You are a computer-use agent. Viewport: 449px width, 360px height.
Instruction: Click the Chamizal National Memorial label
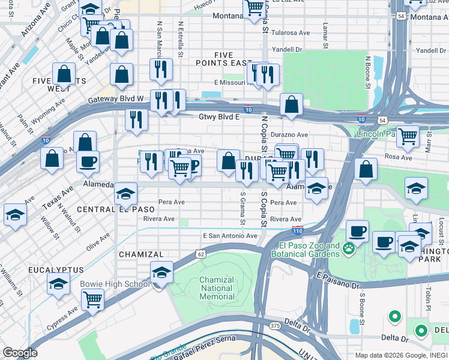(216, 288)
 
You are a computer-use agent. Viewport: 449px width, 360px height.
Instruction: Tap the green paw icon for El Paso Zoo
(334, 250)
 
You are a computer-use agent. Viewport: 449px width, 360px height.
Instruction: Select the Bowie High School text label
(115, 283)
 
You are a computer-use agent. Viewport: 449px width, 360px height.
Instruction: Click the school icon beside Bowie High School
(161, 273)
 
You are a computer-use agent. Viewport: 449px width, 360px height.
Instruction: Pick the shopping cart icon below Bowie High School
(92, 299)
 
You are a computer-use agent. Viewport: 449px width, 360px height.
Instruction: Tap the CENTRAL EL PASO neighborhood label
(116, 209)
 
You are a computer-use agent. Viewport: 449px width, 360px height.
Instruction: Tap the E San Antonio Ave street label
(230, 236)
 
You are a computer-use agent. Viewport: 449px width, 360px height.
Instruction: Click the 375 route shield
(275, 325)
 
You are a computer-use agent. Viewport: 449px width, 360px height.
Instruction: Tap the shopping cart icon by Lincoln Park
(408, 137)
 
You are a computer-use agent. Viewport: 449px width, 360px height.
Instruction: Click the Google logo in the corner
(20, 353)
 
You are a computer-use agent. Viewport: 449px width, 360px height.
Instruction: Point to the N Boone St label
(367, 70)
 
